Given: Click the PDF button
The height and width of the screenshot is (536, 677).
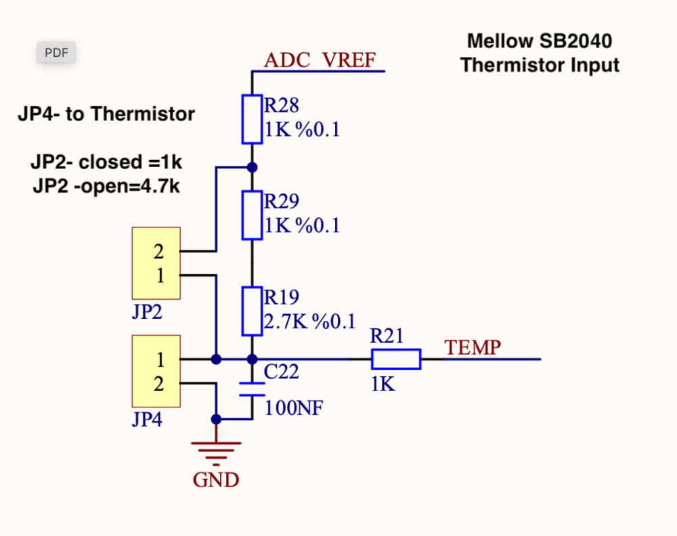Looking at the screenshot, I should coord(56,53).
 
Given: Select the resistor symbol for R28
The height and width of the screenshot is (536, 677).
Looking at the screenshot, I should coord(252,119).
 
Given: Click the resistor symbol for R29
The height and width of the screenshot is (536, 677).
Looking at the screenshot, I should coord(252,215).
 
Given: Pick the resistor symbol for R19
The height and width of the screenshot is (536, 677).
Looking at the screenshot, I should coord(252,311).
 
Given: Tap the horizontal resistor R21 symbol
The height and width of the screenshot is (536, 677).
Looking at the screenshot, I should coord(395,359).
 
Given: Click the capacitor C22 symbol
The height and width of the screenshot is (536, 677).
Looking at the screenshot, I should coord(252,388).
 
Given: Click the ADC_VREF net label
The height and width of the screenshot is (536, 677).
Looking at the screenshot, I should coord(319,60).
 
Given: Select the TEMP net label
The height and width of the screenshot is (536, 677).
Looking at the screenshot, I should coord(473,348).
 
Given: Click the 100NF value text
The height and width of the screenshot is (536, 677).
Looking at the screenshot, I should coord(294,408).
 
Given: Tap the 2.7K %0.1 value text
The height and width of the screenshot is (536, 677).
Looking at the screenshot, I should coord(309,321).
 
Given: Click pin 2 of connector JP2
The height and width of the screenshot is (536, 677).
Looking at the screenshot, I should coord(159,252).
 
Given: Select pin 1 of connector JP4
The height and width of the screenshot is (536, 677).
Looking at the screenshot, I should coord(160,359).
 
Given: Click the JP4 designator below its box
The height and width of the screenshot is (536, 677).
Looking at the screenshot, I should coord(147,420).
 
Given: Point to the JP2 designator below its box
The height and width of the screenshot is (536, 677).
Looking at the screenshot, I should coord(147,313).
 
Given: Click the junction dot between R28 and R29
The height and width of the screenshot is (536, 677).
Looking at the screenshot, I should coord(252,166).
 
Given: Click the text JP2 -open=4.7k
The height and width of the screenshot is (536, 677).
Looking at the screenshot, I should coord(106,187).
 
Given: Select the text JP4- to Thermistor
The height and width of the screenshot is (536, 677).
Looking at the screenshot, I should coord(106,114).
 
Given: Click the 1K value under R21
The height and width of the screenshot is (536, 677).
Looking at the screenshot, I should coord(383,384).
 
